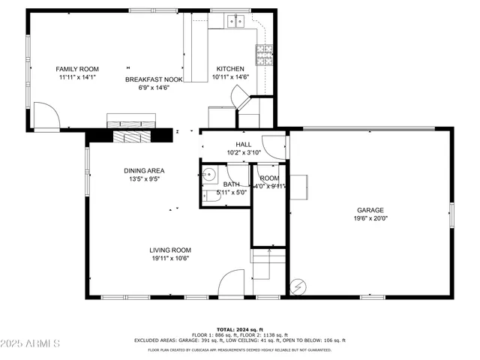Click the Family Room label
(78, 68)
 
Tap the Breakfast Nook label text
(154, 79)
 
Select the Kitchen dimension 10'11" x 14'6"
(230, 77)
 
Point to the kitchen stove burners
(265, 53)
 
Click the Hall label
(244, 144)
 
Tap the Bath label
(232, 184)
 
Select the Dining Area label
(144, 170)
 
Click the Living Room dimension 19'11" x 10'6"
(170, 258)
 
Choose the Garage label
(370, 210)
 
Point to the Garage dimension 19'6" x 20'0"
(370, 218)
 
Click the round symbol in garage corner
(298, 286)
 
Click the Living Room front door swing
(232, 283)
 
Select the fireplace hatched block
(133, 136)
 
